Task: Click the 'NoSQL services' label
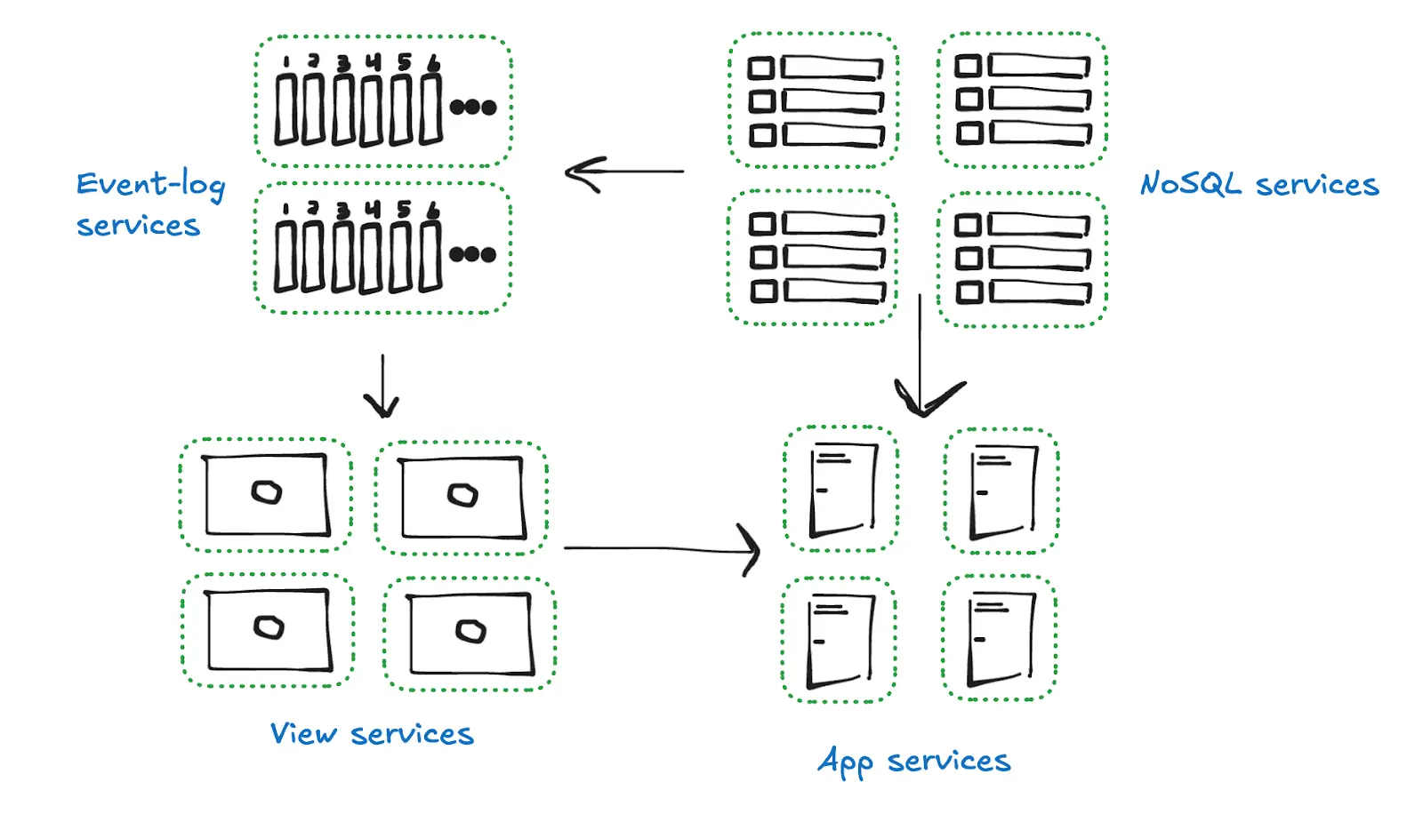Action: (1258, 185)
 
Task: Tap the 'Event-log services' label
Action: (149, 204)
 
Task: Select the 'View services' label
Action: (372, 734)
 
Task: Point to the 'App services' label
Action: (913, 762)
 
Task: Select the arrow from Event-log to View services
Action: (382, 387)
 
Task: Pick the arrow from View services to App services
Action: (662, 549)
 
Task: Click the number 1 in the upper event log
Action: (285, 62)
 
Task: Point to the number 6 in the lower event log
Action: (433, 210)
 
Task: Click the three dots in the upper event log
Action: (473, 108)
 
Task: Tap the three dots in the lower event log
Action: (472, 255)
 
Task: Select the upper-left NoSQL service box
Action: (813, 100)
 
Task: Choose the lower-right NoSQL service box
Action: (1022, 259)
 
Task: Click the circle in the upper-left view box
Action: (266, 492)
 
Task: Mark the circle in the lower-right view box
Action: (470, 632)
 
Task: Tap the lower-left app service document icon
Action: (840, 641)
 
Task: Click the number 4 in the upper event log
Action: (374, 61)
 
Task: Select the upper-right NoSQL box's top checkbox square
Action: (969, 66)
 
